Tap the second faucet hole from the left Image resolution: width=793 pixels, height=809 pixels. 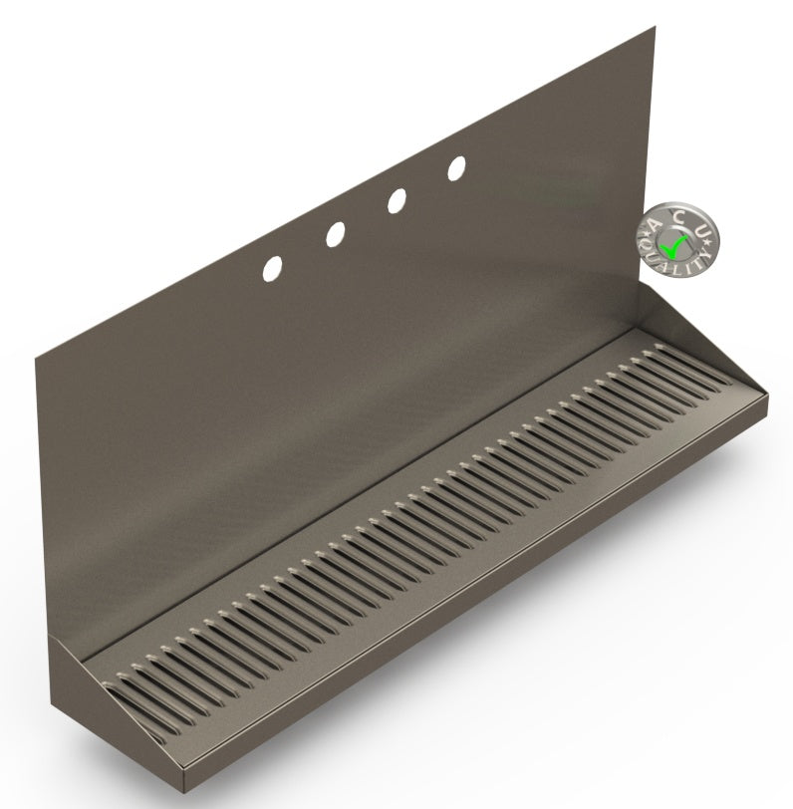coord(335,234)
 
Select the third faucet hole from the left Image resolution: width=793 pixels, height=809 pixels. coord(396,200)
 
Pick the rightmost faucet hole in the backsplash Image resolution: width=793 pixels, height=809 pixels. coord(456,168)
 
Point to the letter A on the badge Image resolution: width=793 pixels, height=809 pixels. coord(654,225)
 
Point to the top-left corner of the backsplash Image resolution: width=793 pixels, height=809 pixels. coord(35,354)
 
